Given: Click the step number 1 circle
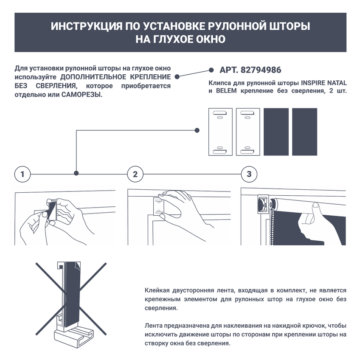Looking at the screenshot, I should (22, 174).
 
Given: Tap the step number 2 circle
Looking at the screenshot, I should (135, 174).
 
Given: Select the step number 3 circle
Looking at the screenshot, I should (249, 174).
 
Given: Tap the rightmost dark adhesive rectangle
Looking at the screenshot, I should (304, 132).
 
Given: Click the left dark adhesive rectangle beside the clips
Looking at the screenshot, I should (276, 132).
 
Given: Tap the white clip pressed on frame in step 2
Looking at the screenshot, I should (158, 207).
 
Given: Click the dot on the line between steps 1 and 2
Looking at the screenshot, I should (76, 173).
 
